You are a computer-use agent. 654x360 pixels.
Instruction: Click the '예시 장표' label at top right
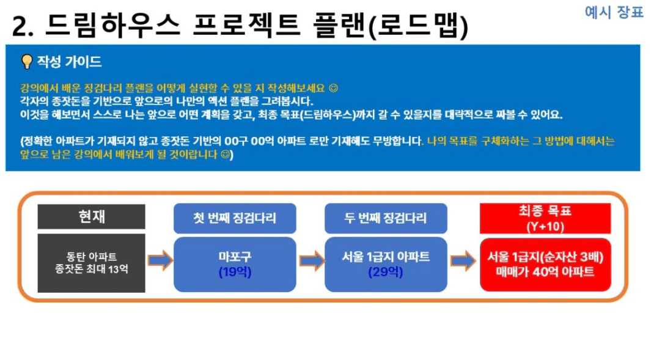(x=614, y=12)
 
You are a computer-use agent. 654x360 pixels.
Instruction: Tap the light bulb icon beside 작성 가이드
(x=27, y=62)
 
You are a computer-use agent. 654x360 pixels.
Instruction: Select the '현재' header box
(x=91, y=216)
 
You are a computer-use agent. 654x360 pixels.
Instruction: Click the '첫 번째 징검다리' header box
(x=235, y=218)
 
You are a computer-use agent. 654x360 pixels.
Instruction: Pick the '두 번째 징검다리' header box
(x=386, y=218)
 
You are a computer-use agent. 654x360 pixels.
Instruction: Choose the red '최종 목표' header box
(x=545, y=218)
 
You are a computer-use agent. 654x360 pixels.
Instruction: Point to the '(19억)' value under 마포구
(x=235, y=272)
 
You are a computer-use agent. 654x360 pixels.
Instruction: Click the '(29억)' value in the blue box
(x=386, y=272)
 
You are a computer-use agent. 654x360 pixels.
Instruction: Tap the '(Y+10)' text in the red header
(x=545, y=227)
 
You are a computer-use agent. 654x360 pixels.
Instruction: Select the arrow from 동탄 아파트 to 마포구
(x=160, y=261)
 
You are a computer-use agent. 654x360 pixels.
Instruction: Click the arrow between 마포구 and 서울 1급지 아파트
(x=312, y=261)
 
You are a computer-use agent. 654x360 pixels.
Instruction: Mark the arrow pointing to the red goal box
(x=463, y=261)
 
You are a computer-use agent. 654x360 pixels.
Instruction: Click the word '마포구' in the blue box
(x=235, y=257)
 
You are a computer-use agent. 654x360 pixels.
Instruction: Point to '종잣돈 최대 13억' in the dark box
(x=91, y=269)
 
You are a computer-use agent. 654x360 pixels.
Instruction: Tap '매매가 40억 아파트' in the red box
(x=545, y=272)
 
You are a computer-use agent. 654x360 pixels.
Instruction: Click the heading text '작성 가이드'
(x=69, y=62)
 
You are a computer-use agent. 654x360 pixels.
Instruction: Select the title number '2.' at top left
(x=23, y=26)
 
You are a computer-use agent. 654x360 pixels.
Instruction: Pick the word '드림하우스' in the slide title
(x=112, y=25)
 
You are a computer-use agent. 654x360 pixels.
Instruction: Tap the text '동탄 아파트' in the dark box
(x=91, y=256)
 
